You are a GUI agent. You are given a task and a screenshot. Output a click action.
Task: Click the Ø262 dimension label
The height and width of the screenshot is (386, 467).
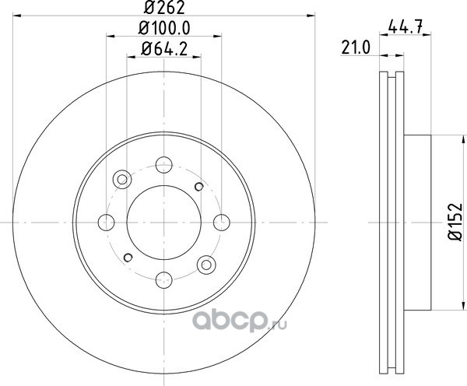click(164, 8)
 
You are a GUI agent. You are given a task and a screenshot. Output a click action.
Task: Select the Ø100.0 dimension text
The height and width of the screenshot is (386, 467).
click(164, 28)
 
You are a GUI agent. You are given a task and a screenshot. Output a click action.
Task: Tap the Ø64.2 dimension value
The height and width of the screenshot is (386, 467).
click(164, 49)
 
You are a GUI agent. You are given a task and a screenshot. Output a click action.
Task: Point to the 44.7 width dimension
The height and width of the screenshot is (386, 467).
click(406, 28)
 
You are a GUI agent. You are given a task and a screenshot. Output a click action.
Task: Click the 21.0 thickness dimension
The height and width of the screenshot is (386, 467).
click(356, 47)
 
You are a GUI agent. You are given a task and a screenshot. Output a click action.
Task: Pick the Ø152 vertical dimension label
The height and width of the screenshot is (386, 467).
click(455, 222)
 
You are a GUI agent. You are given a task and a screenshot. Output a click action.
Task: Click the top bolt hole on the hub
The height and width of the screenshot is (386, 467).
click(163, 165)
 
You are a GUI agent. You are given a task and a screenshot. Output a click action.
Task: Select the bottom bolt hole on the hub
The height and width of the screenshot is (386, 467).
click(163, 280)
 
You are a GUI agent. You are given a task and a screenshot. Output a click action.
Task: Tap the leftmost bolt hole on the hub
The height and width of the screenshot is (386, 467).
click(106, 223)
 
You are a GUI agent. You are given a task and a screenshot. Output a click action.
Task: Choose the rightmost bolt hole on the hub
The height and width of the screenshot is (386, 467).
click(222, 223)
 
